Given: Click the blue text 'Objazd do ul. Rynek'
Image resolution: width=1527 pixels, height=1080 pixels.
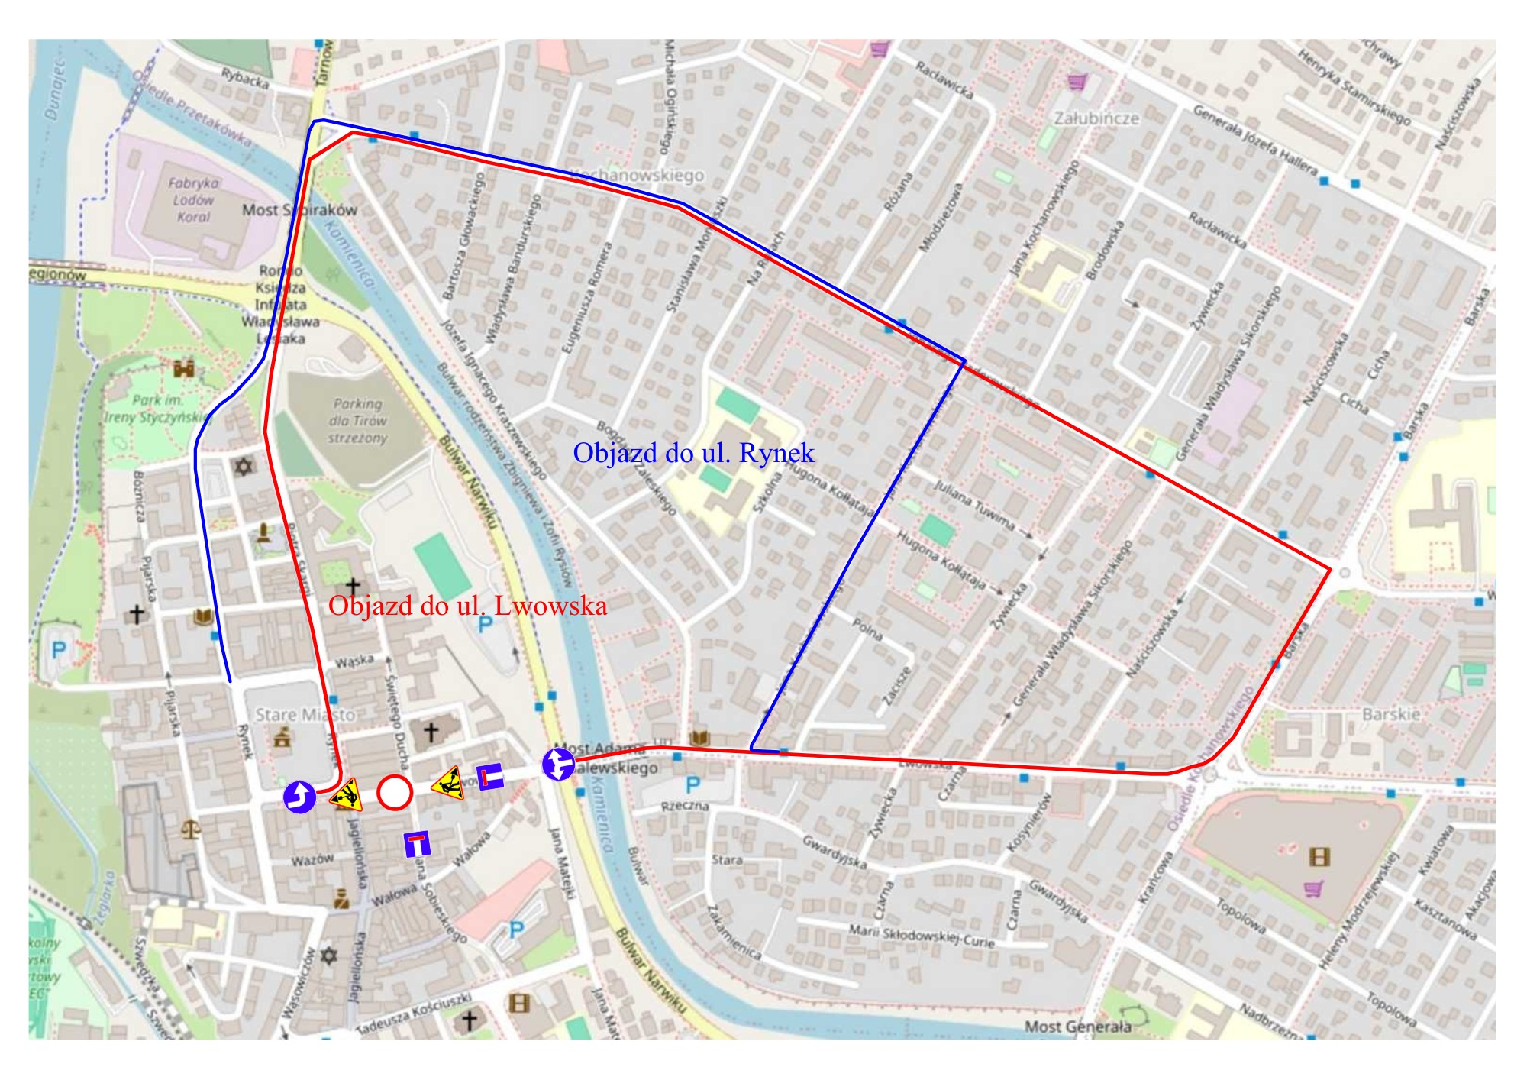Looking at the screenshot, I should [693, 453].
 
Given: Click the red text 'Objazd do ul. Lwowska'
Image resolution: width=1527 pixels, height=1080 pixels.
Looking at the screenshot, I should [467, 606].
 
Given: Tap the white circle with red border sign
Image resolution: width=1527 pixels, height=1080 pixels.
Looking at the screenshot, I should [395, 792].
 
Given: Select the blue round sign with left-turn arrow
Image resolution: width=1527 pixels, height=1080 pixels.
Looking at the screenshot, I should [299, 797].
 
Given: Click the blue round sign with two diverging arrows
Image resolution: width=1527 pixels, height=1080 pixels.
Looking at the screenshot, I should [559, 764].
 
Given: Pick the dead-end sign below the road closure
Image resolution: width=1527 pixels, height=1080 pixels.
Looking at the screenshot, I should [417, 843].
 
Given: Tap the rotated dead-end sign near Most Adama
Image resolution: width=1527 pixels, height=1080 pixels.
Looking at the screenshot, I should [491, 777].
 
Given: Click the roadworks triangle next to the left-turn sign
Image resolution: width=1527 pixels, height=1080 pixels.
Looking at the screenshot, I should [347, 794].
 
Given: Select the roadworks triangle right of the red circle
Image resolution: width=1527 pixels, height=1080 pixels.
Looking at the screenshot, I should [448, 784].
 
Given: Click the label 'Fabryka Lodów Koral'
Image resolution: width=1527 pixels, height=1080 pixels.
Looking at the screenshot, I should [193, 200].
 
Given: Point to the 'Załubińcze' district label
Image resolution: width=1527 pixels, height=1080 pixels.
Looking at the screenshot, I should [1096, 118].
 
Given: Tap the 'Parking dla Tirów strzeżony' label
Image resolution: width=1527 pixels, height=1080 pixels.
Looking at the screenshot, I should [357, 420].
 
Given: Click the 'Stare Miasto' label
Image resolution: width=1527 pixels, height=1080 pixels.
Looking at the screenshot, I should [305, 715].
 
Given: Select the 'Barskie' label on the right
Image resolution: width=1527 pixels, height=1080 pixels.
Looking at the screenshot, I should [1391, 714].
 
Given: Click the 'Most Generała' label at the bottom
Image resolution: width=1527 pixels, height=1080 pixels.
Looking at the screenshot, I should [1077, 1027].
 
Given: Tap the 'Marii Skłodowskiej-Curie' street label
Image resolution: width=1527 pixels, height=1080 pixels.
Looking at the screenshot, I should [922, 936].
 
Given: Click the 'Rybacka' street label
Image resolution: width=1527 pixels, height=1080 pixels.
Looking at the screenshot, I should [245, 78].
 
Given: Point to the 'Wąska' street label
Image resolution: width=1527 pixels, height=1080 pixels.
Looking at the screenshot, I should [354, 659].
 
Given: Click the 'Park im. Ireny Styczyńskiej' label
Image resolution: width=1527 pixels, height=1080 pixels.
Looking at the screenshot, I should [157, 409].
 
